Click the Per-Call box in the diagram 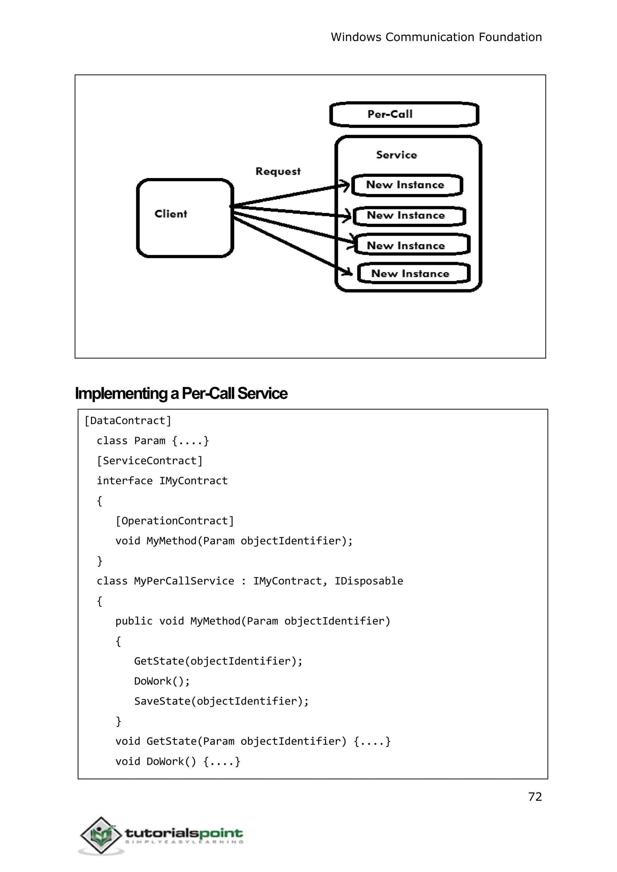tap(404, 114)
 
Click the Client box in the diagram tap(185, 218)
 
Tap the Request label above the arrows tap(278, 171)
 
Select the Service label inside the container tap(396, 155)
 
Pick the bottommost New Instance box tap(413, 274)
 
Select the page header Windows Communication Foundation tap(436, 37)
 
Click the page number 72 tap(534, 797)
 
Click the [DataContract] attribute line tap(128, 421)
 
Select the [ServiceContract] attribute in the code tap(150, 461)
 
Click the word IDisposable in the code tap(368, 581)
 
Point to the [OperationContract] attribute tap(174, 521)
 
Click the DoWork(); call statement tap(162, 681)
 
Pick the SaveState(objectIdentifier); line tap(221, 701)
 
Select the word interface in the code tap(124, 481)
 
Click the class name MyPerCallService tap(184, 581)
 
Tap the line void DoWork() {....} tap(178, 761)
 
